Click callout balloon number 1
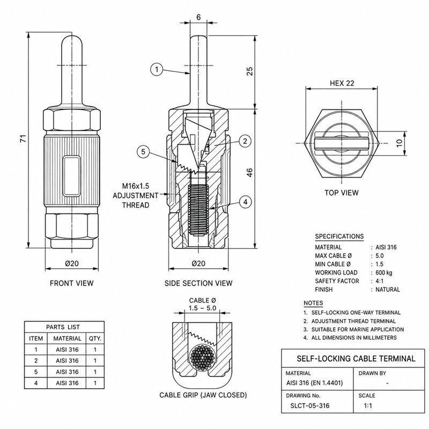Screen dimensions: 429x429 coord(157,69)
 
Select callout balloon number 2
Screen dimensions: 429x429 coord(245,141)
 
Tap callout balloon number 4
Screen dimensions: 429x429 coord(245,202)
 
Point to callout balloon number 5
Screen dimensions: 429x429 coord(143,151)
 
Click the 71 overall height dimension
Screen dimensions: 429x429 coord(24,138)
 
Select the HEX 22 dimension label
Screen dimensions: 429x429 coord(342,83)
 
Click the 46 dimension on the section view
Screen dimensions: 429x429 coord(250,172)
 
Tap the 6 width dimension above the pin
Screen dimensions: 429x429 coord(198,17)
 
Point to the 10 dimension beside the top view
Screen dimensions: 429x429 coord(399,143)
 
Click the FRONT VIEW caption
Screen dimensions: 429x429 coord(72,283)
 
